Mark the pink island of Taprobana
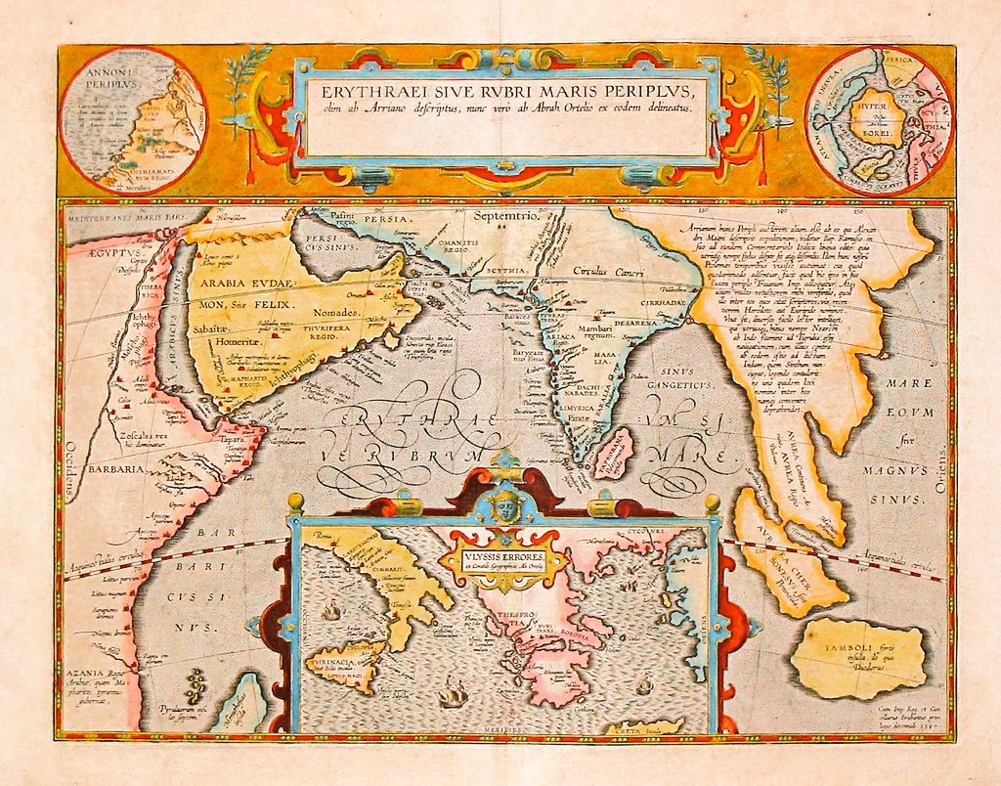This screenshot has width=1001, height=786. tap(616, 453)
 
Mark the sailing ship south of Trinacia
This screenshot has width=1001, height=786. tap(452, 695)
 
